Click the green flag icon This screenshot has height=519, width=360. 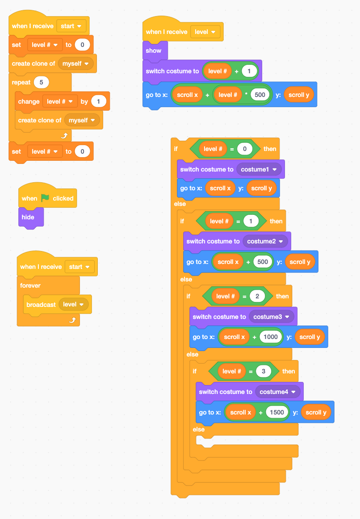tap(45, 198)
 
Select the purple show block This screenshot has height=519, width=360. tap(153, 51)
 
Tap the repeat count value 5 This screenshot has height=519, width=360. tap(41, 82)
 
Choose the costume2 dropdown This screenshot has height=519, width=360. tap(265, 241)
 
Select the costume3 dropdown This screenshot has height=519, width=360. tap(272, 317)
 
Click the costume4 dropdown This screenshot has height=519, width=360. tap(278, 392)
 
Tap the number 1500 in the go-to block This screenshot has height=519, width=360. tap(276, 412)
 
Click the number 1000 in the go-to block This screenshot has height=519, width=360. tap(270, 337)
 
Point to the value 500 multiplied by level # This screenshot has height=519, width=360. tap(260, 95)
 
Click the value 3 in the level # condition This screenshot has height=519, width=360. tap(264, 371)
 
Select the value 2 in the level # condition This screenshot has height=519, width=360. tap(257, 296)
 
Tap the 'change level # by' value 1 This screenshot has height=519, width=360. tap(98, 101)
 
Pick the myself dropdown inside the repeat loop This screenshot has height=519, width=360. tap(82, 120)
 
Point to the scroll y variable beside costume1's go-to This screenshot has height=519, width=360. tap(261, 188)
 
